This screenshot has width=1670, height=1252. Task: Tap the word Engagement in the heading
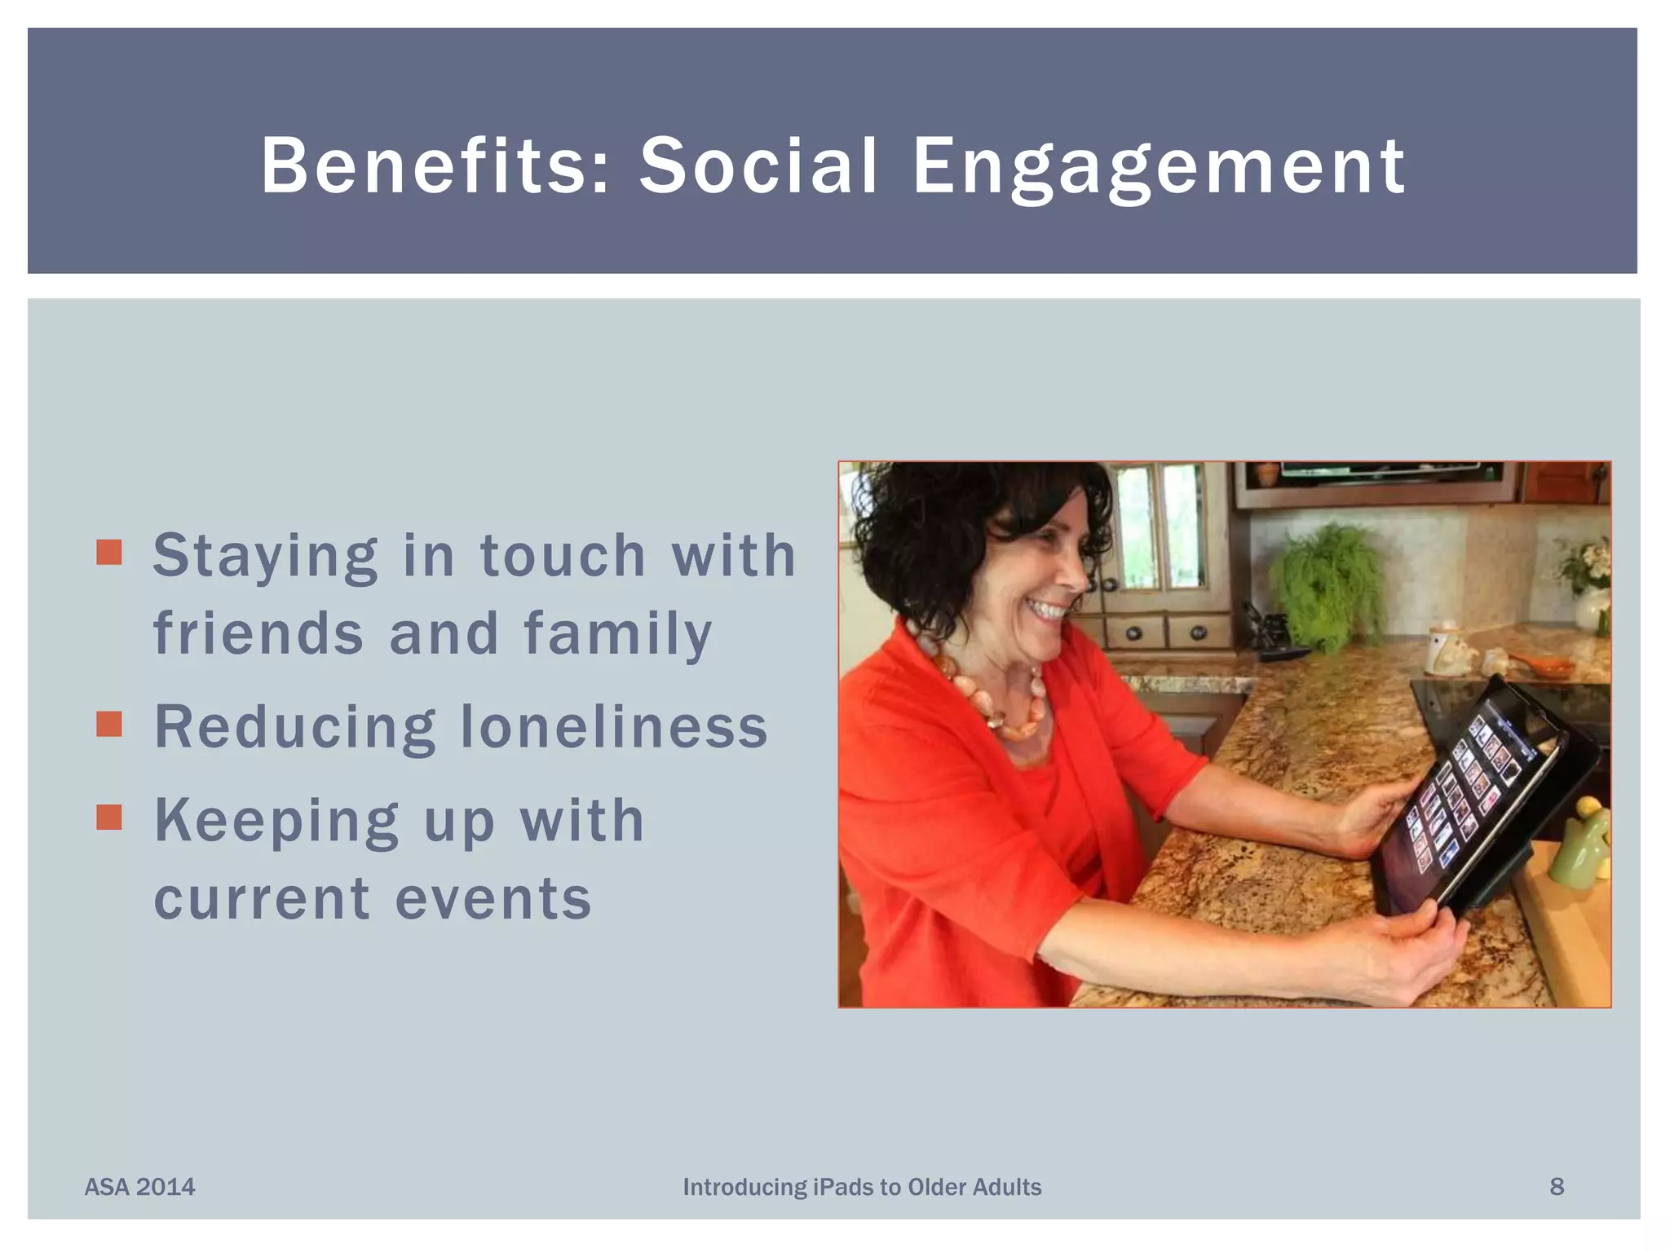pos(1158,167)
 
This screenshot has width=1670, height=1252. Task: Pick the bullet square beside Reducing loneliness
pos(108,723)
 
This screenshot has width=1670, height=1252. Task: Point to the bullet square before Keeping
pos(108,817)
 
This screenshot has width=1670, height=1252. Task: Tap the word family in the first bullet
pos(617,633)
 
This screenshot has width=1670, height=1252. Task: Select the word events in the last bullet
pos(493,898)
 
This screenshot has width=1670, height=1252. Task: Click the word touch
pos(563,555)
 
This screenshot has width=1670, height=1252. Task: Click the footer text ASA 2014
pos(139,1187)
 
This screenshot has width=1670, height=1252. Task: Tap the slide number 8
pos(1556,1187)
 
